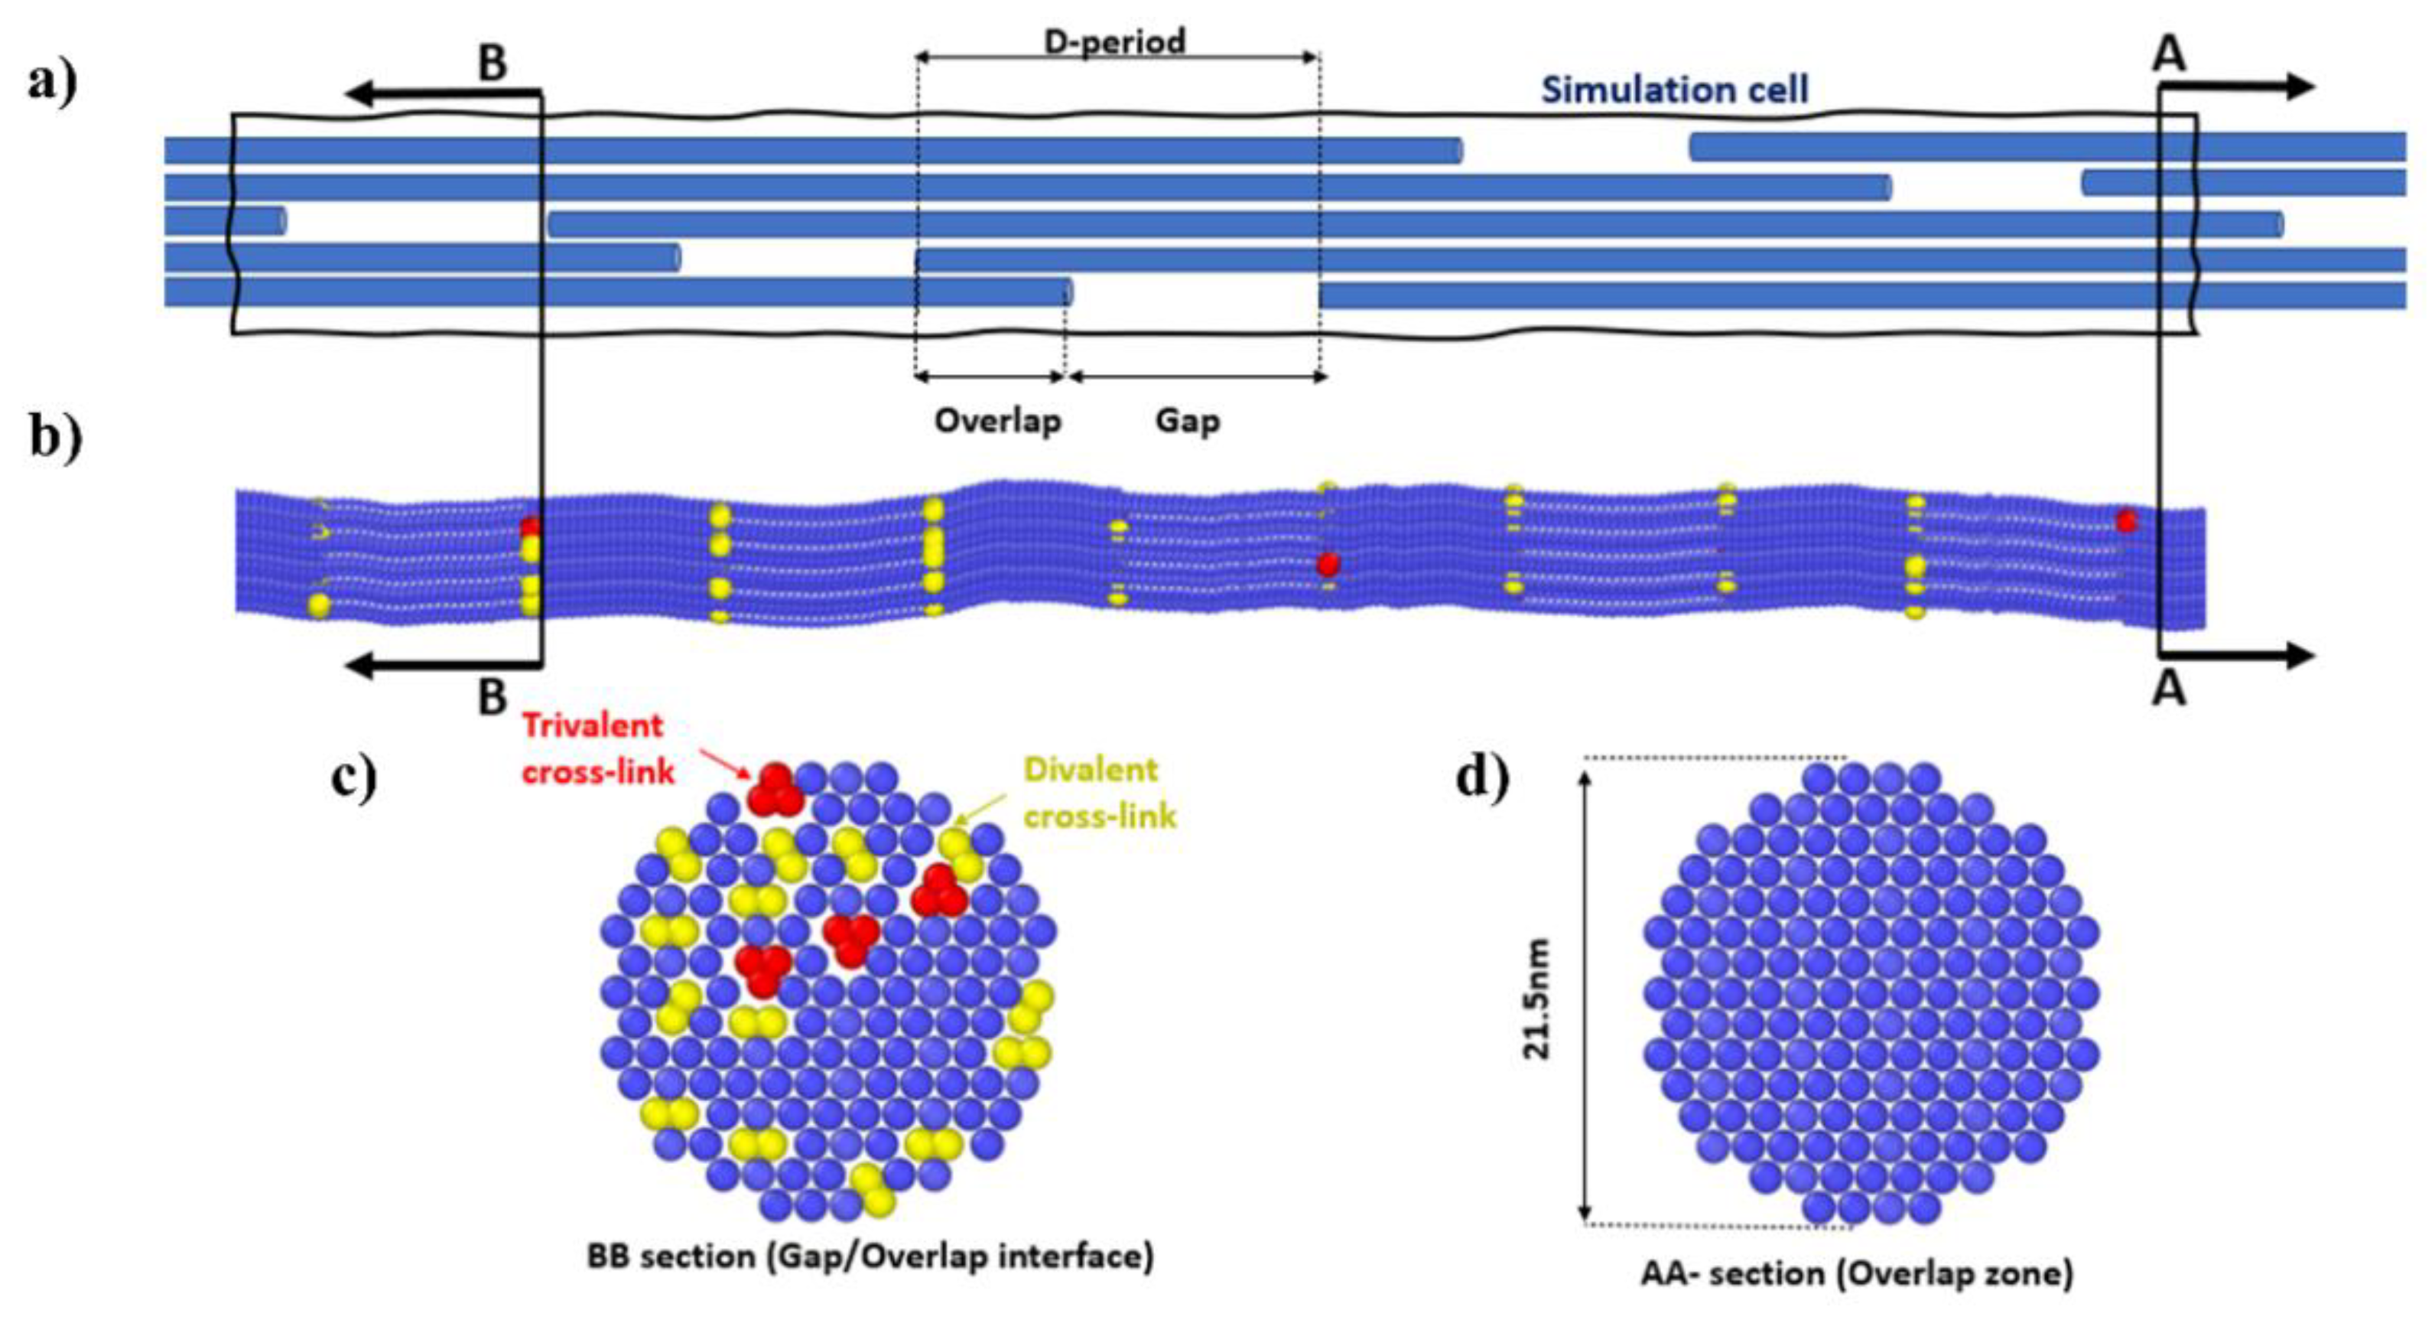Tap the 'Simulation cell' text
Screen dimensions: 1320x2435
[x=1674, y=90]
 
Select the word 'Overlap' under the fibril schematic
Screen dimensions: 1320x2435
[x=998, y=421]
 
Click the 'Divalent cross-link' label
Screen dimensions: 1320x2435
[x=1098, y=792]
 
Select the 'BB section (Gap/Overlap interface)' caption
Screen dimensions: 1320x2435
[x=870, y=1256]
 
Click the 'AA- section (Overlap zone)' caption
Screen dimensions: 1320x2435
[x=1857, y=1273]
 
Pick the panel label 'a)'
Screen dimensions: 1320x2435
[x=53, y=83]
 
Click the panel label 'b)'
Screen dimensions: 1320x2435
[x=55, y=438]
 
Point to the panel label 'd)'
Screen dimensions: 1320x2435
[x=1482, y=777]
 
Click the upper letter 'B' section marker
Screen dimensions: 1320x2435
[x=492, y=64]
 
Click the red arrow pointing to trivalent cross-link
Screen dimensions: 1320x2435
[x=723, y=762]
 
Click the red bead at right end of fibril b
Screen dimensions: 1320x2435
[x=2126, y=521]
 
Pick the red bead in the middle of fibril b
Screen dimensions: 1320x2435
[x=1328, y=565]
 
